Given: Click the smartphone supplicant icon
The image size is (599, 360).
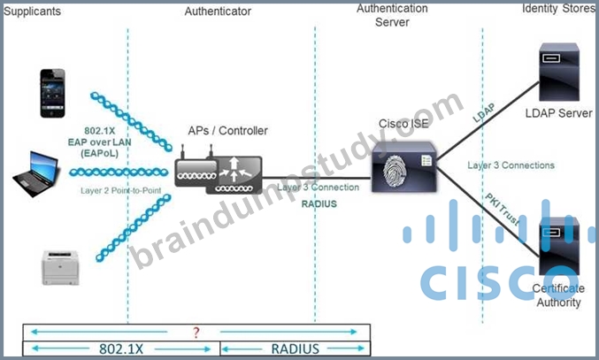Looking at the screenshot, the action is (53, 93).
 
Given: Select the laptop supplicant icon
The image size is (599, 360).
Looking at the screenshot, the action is (36, 173).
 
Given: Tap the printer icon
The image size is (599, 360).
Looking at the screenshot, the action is (60, 268).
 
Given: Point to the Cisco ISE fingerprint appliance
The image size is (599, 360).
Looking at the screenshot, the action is (404, 167).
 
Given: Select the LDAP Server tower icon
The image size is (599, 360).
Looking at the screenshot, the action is (559, 73).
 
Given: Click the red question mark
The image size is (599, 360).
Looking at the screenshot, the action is (196, 333).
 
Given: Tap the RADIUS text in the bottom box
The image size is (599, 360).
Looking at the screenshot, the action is (295, 349).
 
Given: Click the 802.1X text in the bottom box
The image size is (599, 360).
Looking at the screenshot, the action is (121, 349).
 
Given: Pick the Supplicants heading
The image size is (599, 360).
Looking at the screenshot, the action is (32, 11).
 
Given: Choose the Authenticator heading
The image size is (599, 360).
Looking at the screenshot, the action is (218, 11).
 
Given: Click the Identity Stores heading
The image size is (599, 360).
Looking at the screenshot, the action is (558, 8).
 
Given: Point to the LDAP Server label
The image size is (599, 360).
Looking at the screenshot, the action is (559, 113).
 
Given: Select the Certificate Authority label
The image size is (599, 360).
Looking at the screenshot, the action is (558, 295).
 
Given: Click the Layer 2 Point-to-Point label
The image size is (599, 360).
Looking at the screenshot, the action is (120, 190).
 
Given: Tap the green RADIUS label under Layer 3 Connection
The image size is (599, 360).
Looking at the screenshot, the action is (319, 203).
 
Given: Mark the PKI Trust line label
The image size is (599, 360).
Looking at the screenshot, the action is (503, 210).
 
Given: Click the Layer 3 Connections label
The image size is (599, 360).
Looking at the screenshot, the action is (511, 165).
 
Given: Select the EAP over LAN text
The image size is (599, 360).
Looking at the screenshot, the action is (99, 142).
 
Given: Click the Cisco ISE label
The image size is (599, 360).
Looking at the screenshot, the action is (403, 124).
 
